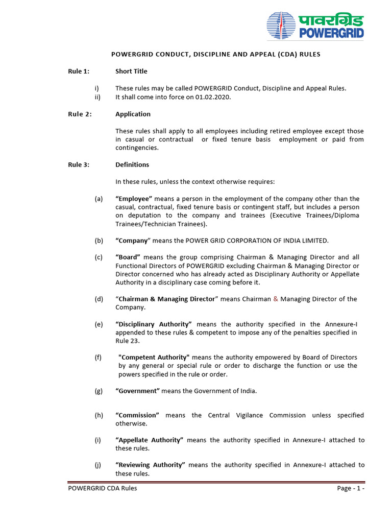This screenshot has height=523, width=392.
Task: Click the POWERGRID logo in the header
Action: click(315, 26)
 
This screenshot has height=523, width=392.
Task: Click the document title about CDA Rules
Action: click(216, 54)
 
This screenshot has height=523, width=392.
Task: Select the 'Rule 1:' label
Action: click(79, 72)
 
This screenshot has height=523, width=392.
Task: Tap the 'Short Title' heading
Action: click(131, 72)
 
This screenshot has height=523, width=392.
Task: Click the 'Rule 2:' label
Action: click(80, 114)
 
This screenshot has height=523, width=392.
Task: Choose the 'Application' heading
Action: click(133, 114)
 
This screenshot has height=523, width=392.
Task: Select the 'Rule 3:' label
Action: click(79, 164)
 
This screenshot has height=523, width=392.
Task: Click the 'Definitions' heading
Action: click(132, 164)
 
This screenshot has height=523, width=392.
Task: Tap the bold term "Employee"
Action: click(134, 199)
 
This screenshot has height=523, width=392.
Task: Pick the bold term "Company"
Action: click(133, 241)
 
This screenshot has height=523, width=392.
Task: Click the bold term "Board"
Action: click(128, 257)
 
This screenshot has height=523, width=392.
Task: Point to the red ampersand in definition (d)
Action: click(276, 299)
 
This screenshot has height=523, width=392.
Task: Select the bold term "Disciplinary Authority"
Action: click(154, 324)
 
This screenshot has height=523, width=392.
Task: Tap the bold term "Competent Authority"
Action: click(154, 357)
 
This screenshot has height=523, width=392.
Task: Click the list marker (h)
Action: click(99, 415)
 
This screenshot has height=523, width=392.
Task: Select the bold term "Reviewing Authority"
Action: click(150, 465)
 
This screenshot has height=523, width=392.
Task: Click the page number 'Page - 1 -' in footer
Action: click(351, 488)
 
